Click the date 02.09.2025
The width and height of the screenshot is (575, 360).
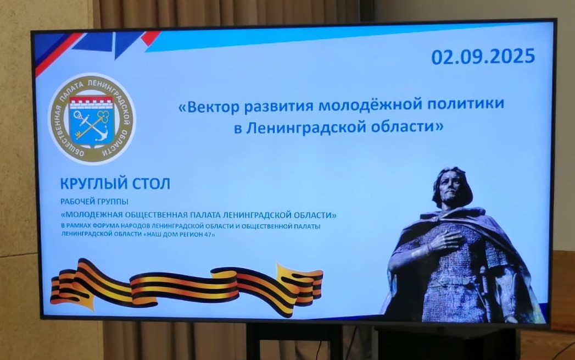click(483, 57)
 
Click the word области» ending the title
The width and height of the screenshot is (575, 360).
click(407, 126)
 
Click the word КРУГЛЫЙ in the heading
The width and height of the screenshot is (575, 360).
click(94, 184)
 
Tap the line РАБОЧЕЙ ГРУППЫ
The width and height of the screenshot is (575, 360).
click(94, 202)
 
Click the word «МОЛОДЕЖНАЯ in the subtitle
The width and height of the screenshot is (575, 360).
click(92, 214)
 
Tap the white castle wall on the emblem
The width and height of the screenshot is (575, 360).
click(92, 103)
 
